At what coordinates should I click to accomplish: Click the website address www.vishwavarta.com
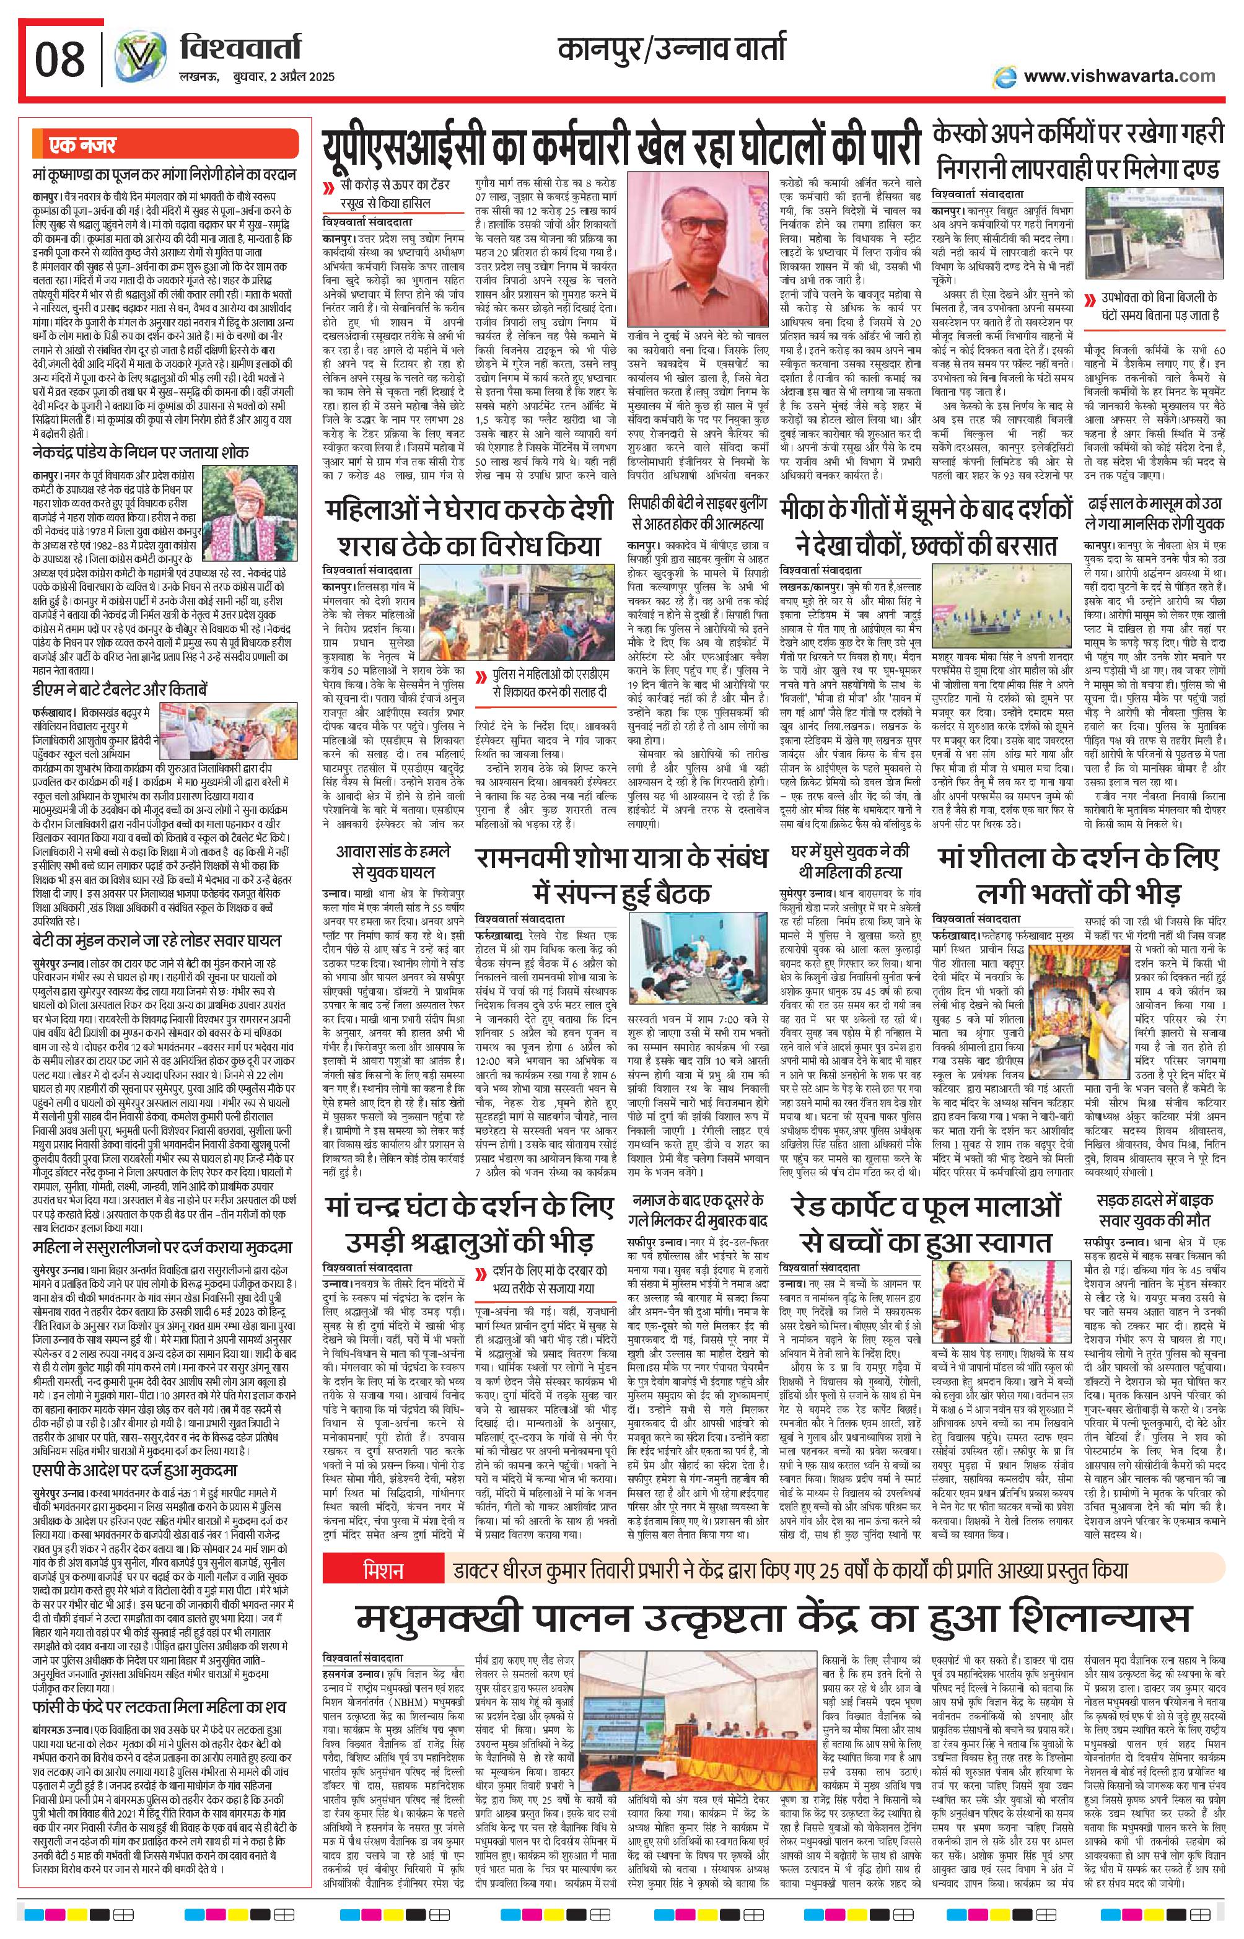tap(1119, 76)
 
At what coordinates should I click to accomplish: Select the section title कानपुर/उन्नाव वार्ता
tap(670, 50)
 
